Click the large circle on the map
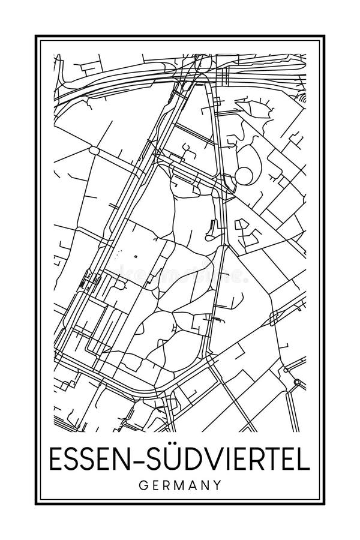pos(244,176)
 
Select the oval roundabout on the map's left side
pos(94,149)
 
